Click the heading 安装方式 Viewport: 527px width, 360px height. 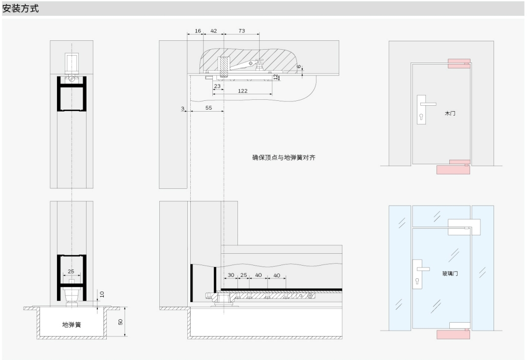pos(21,8)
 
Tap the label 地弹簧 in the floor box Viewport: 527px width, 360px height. pos(72,325)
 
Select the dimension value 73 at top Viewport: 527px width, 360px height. pos(242,31)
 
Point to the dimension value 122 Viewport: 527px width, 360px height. pos(243,91)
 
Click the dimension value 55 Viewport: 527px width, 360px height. pos(209,108)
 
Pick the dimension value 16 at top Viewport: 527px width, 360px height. pos(198,31)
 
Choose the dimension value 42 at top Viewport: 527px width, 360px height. pos(214,31)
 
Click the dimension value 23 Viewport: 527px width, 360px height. pos(217,86)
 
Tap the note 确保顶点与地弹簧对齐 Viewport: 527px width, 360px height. pos(284,157)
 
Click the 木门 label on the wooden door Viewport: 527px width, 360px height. pos(450,113)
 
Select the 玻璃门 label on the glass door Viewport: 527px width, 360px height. pos(450,273)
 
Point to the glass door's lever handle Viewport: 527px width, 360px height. pos(423,269)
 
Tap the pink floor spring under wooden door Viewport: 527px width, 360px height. pos(453,169)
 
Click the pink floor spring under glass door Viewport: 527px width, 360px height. pos(453,334)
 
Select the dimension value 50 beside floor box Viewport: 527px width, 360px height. pos(120,322)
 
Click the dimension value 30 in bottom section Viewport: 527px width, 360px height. pos(231,275)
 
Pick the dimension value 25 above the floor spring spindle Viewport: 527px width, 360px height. pos(71,271)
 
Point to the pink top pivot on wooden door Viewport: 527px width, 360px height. pos(459,63)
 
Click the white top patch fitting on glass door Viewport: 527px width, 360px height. pos(464,227)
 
